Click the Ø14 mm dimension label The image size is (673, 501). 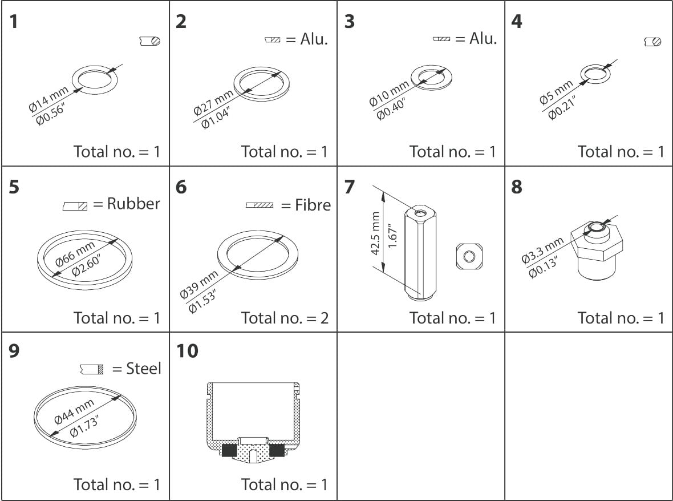click(x=48, y=98)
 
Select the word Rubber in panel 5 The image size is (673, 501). click(x=133, y=204)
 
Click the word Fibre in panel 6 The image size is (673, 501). click(x=313, y=205)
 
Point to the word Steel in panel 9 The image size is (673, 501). click(x=143, y=369)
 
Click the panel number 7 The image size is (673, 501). click(x=350, y=186)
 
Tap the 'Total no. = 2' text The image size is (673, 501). click(x=285, y=317)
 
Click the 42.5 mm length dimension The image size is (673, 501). click(x=375, y=233)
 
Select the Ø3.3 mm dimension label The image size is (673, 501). click(x=542, y=250)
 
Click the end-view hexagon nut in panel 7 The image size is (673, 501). click(x=469, y=257)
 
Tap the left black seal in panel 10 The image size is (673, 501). click(x=229, y=450)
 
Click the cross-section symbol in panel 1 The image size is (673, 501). click(x=150, y=41)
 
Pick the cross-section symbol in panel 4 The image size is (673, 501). click(x=653, y=41)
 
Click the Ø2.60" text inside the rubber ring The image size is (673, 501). click(x=87, y=264)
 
